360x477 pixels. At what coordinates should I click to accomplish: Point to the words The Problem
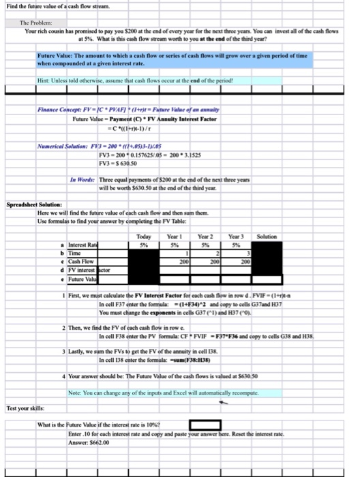(34, 22)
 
